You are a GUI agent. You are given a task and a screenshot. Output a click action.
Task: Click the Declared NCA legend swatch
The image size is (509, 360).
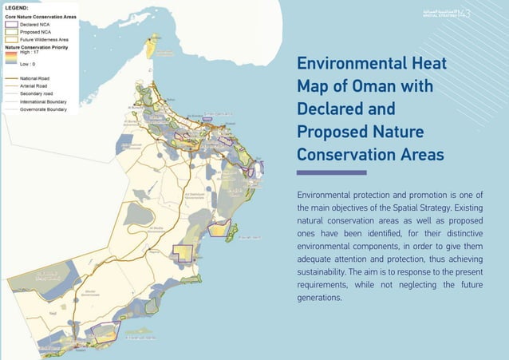click(11, 24)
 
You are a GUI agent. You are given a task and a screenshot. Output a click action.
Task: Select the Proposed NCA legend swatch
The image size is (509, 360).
click(11, 31)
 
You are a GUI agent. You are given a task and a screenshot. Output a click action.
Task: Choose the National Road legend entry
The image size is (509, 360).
click(35, 79)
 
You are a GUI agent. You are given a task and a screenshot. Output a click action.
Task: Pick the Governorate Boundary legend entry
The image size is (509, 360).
click(44, 109)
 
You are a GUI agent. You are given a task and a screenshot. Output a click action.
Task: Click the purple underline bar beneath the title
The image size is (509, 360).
click(331, 172)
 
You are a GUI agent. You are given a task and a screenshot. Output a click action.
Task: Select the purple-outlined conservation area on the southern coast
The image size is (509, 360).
click(104, 330)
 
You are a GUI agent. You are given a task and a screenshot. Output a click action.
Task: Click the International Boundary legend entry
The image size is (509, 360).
click(44, 101)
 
